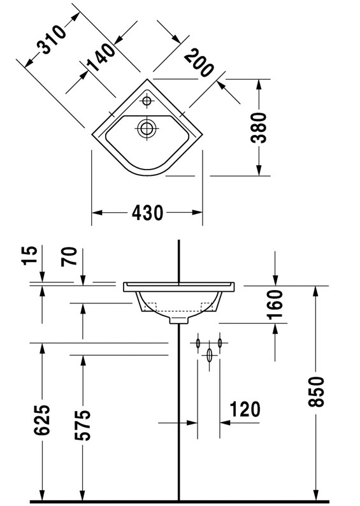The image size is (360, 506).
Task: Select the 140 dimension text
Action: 101,57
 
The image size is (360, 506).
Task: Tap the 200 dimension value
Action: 199,62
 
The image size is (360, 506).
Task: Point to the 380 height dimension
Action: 259,127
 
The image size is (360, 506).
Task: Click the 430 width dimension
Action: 147,213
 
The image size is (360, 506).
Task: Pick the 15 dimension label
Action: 30,256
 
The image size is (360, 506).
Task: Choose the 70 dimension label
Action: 69,256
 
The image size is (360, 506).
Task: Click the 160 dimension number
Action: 275,305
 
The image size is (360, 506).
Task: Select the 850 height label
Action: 316,391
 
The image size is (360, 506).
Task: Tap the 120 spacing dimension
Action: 245,410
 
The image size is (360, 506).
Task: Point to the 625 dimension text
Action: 42,419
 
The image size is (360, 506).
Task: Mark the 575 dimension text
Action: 83,424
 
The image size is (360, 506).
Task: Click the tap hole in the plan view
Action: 147,101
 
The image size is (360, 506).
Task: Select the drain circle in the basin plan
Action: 147,128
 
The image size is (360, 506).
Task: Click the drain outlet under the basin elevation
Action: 179,320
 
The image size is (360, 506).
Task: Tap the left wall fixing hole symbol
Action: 198,343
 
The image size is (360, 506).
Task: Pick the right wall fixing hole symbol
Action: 220,343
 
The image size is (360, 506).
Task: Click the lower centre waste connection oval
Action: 210,355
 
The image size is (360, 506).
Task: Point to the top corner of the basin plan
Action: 147,79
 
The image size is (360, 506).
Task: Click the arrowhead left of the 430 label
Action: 97,213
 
